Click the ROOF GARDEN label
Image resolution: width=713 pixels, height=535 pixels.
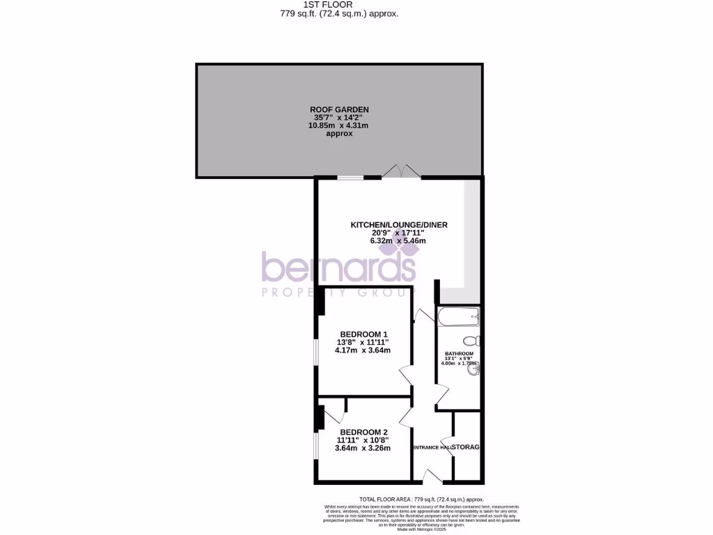(339, 109)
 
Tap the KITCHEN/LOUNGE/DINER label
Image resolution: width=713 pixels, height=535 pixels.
(398, 224)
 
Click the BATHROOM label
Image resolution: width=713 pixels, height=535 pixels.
(459, 354)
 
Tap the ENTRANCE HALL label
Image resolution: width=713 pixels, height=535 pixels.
(432, 447)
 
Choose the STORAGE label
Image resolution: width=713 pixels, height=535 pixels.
(467, 447)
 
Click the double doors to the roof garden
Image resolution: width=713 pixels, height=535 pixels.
(402, 172)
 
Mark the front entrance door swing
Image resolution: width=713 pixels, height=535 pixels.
(432, 476)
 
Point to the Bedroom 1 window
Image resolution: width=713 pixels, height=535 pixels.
(315, 352)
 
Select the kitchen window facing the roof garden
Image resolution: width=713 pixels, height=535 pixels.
(350, 178)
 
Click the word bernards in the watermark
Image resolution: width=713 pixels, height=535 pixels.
(339, 268)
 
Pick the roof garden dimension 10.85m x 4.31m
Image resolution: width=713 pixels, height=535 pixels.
(339, 125)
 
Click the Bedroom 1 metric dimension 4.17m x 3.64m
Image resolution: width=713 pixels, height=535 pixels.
(362, 350)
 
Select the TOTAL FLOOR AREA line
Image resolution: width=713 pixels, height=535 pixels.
(421, 499)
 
